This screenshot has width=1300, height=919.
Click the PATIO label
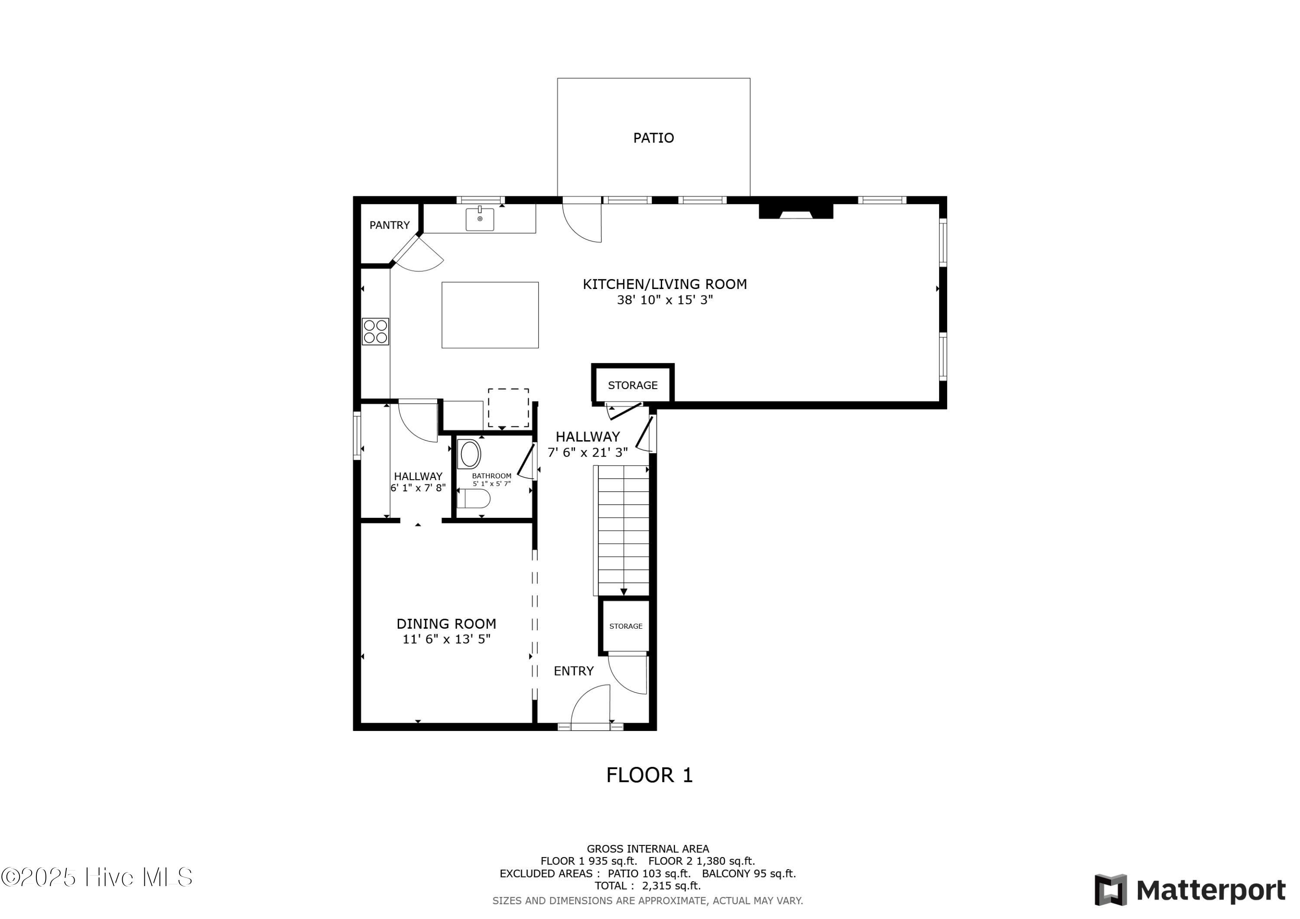pyautogui.click(x=653, y=138)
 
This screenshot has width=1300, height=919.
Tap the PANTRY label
pyautogui.click(x=390, y=225)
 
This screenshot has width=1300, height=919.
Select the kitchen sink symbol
pyautogui.click(x=480, y=218)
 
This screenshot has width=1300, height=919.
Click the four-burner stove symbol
pyautogui.click(x=375, y=332)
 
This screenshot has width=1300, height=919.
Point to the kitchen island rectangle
pyautogui.click(x=490, y=315)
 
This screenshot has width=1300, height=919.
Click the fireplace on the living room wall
pyautogui.click(x=796, y=211)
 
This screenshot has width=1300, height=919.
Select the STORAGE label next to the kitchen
pyautogui.click(x=632, y=386)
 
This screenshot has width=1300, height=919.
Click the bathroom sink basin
pyautogui.click(x=470, y=454)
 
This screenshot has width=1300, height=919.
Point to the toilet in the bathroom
pyautogui.click(x=473, y=499)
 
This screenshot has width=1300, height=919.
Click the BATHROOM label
pyautogui.click(x=491, y=476)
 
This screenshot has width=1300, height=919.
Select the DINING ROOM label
pyautogui.click(x=446, y=624)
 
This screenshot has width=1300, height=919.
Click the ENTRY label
pyautogui.click(x=574, y=671)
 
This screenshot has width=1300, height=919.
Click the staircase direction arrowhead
pyautogui.click(x=624, y=592)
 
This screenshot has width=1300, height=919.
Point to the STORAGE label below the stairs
pyautogui.click(x=626, y=626)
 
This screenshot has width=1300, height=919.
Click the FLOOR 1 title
pyautogui.click(x=650, y=775)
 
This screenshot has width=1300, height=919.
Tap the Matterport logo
pyautogui.click(x=1189, y=890)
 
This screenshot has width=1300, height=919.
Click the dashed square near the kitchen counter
pyautogui.click(x=508, y=408)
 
